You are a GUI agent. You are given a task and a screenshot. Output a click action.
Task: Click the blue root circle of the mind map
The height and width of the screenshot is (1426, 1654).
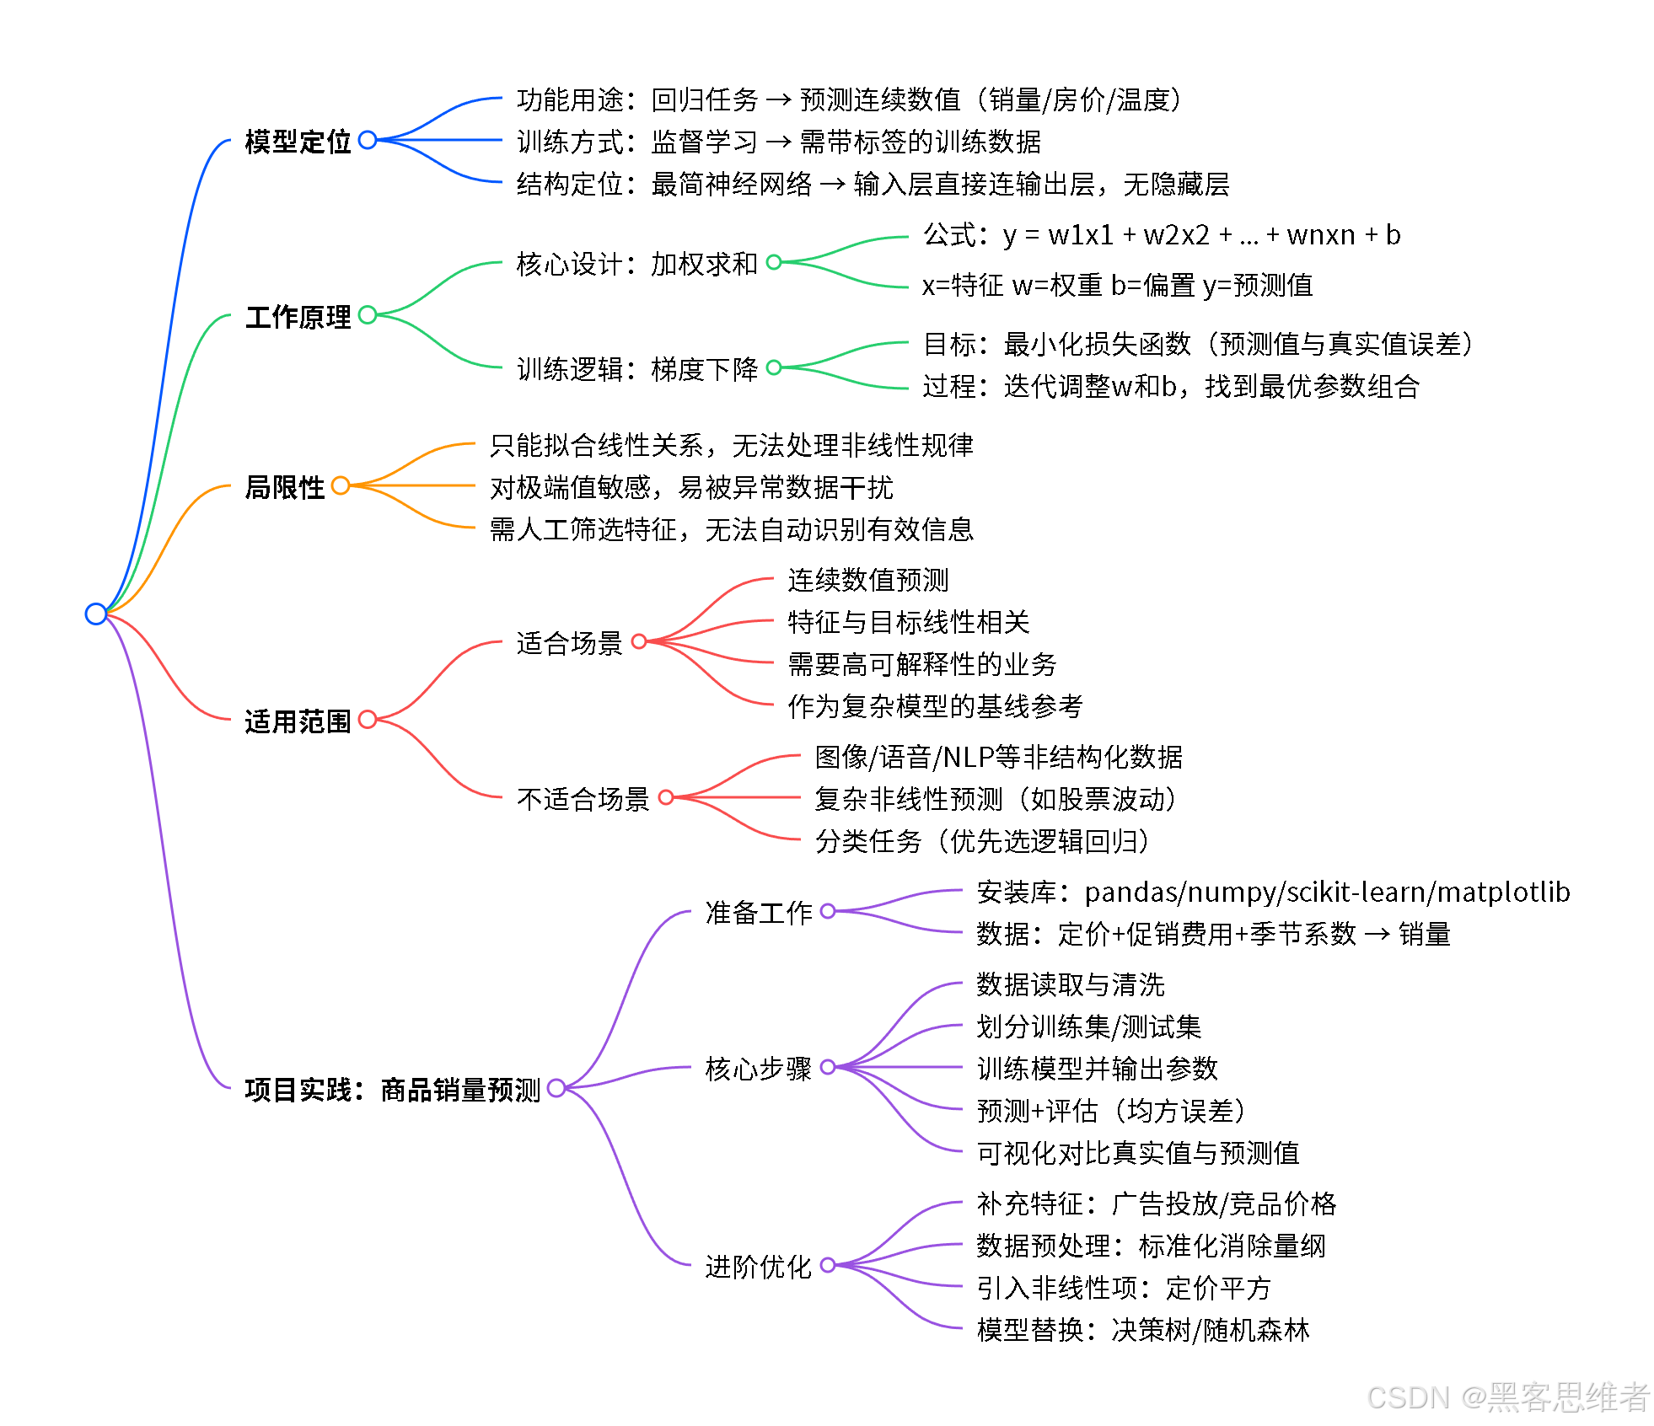(96, 614)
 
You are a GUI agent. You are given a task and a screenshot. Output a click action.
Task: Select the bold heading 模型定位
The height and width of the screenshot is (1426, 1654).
(298, 142)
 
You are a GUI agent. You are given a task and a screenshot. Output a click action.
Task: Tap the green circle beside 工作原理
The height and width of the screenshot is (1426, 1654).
(368, 315)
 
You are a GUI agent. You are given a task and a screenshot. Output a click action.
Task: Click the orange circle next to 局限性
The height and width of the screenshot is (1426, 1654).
(341, 486)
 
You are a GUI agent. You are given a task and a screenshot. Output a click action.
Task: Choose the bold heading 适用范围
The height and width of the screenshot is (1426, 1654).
(298, 721)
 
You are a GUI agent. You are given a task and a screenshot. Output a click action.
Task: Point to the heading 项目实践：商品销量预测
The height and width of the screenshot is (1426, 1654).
(392, 1090)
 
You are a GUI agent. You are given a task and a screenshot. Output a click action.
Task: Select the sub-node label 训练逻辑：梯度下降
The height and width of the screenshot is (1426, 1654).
(636, 369)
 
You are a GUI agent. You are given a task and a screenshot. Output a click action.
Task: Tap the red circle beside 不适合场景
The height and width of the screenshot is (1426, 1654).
(666, 797)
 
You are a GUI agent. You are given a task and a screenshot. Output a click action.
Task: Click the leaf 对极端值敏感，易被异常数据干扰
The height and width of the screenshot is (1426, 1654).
(690, 487)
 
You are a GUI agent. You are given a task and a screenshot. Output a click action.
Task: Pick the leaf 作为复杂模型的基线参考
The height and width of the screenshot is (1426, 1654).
(934, 706)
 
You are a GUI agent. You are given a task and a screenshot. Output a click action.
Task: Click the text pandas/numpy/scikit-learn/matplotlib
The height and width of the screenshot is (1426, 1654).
(1327, 892)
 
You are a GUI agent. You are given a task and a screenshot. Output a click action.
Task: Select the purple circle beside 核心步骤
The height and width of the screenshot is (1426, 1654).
(828, 1067)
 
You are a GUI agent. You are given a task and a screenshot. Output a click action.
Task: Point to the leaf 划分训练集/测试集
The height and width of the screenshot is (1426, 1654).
(1088, 1027)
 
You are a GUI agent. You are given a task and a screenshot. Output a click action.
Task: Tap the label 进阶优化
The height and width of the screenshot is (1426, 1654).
(758, 1267)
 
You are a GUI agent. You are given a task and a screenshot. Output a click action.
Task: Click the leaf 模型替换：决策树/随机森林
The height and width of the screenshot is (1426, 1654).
(1142, 1330)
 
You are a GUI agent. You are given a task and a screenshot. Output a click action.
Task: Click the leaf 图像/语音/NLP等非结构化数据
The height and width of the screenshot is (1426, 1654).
(998, 757)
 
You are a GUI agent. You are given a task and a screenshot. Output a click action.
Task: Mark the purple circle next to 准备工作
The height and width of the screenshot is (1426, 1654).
(828, 911)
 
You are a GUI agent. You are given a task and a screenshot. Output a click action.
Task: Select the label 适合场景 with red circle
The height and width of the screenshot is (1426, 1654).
(569, 643)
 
